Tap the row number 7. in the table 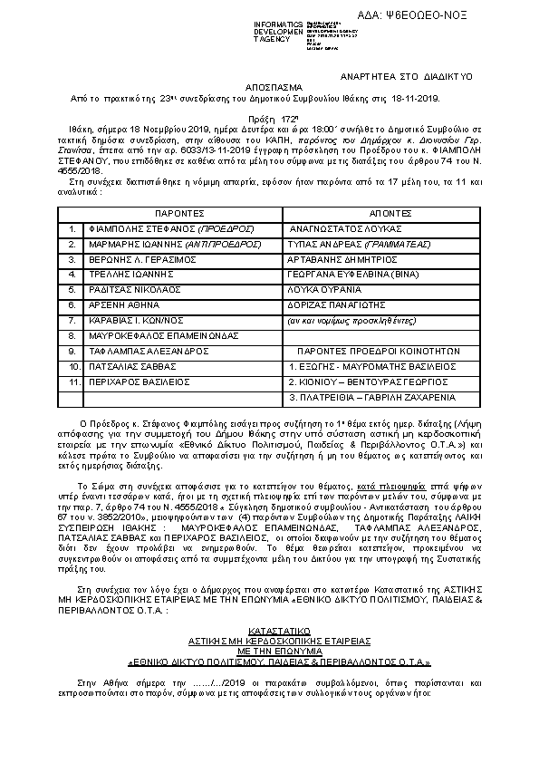pyautogui.click(x=71, y=320)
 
